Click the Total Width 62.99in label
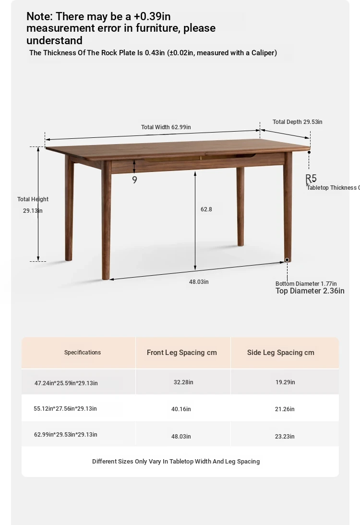click(x=166, y=127)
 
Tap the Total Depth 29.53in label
click(x=297, y=122)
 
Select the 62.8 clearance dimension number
click(x=206, y=209)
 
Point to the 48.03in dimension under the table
click(x=199, y=282)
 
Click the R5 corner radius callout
click(x=311, y=179)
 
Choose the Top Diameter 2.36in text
click(x=310, y=291)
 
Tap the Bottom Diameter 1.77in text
click(x=306, y=283)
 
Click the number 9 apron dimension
click(x=134, y=180)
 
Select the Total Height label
click(x=33, y=199)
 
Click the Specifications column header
click(x=83, y=353)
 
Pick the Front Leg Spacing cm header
click(x=181, y=353)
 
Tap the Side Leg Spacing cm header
click(x=280, y=353)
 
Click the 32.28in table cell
click(x=183, y=382)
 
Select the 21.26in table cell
click(x=285, y=409)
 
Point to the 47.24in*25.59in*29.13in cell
click(x=66, y=383)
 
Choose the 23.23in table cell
click(x=285, y=437)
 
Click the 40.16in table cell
click(x=181, y=409)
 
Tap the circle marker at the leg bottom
click(x=287, y=260)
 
